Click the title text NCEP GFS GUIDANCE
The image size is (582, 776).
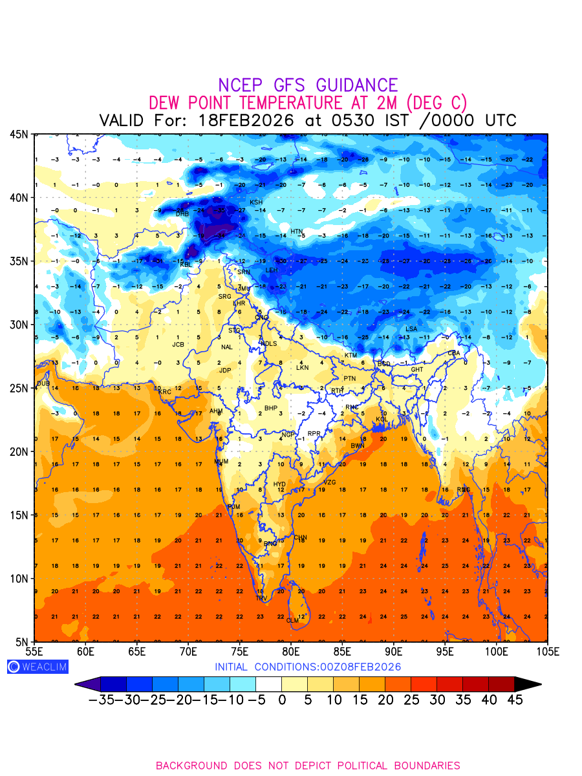coord(308,85)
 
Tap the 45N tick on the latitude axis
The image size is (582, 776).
coord(19,134)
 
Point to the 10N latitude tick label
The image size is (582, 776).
coord(19,578)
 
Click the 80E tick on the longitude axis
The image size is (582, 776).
coord(291,651)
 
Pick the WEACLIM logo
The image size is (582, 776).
coord(38,667)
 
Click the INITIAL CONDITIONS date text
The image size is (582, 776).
coord(308,667)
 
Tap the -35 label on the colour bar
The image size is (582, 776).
coord(101,700)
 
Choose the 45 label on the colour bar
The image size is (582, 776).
coord(515,700)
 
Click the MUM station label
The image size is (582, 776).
coord(221,462)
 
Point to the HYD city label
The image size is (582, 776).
coord(279,484)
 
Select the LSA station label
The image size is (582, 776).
coord(411,329)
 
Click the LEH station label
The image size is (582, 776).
coord(272,270)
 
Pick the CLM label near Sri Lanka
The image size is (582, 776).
coord(293,621)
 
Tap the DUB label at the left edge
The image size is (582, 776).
coord(43,383)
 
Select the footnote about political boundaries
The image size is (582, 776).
coord(308,766)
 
